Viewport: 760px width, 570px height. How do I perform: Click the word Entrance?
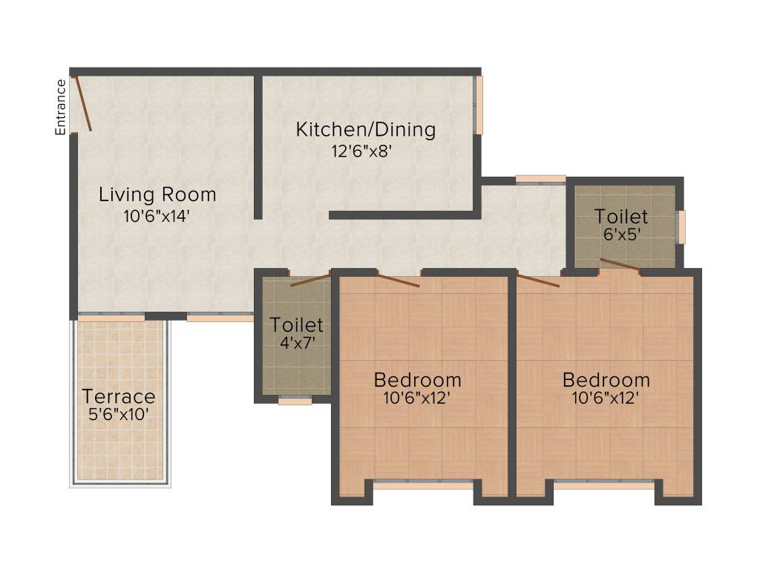coord(61,107)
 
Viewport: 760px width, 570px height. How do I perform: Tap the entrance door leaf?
coord(82,103)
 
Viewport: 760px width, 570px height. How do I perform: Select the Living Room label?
coord(157,194)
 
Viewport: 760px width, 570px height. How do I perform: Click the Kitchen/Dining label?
coord(366,130)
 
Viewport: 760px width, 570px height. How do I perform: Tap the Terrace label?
coord(119,396)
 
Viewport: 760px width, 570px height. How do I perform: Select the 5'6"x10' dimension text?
coord(119,415)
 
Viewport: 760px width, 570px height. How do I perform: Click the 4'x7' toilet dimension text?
coord(296,344)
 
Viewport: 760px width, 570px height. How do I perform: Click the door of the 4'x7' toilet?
coord(310,280)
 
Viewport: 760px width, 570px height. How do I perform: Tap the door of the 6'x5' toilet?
coord(620,266)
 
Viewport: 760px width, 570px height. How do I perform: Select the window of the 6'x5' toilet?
coord(681,226)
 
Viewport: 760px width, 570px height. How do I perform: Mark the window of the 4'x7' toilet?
coord(295,401)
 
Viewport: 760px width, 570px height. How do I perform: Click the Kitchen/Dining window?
coord(479,105)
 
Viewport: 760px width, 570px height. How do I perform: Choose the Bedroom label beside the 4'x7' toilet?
coord(417,380)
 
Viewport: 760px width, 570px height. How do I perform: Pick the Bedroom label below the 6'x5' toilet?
coord(606,380)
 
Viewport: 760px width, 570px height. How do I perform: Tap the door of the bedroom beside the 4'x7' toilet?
coord(399,280)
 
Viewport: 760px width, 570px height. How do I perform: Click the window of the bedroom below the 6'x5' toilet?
coord(604,484)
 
